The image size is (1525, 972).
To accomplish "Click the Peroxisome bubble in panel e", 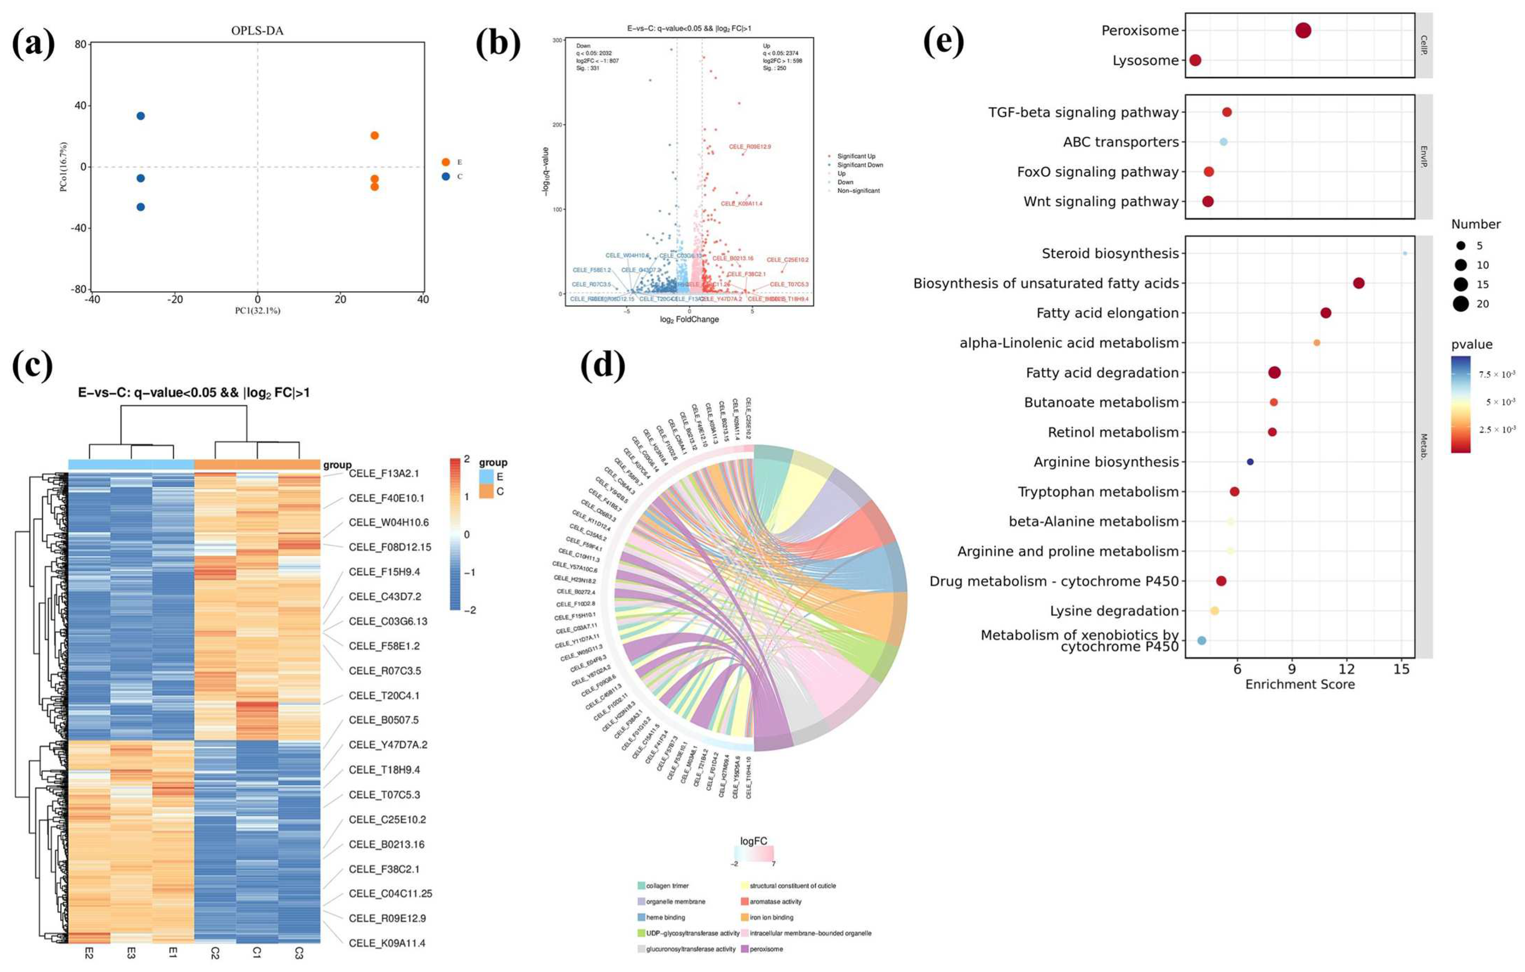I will click(1303, 30).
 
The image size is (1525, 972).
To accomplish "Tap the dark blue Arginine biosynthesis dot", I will click(1249, 462).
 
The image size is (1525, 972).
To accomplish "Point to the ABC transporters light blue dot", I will click(1223, 142).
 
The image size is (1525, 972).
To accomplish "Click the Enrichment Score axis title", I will click(1299, 684).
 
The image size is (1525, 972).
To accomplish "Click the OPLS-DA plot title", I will click(257, 30).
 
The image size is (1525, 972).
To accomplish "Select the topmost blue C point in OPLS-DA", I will click(141, 116).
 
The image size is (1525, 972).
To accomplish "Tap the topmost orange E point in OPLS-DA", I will click(374, 135).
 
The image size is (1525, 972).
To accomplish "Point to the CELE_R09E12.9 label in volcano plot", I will click(750, 147).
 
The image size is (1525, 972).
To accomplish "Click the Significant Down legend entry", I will click(860, 165).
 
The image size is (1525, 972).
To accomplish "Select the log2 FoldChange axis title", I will click(689, 320).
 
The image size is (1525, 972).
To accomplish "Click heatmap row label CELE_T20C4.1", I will click(384, 695).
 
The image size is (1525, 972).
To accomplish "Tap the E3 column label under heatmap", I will click(131, 953).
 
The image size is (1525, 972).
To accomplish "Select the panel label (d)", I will click(602, 365).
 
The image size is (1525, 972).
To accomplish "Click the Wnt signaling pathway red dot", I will click(1208, 201).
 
